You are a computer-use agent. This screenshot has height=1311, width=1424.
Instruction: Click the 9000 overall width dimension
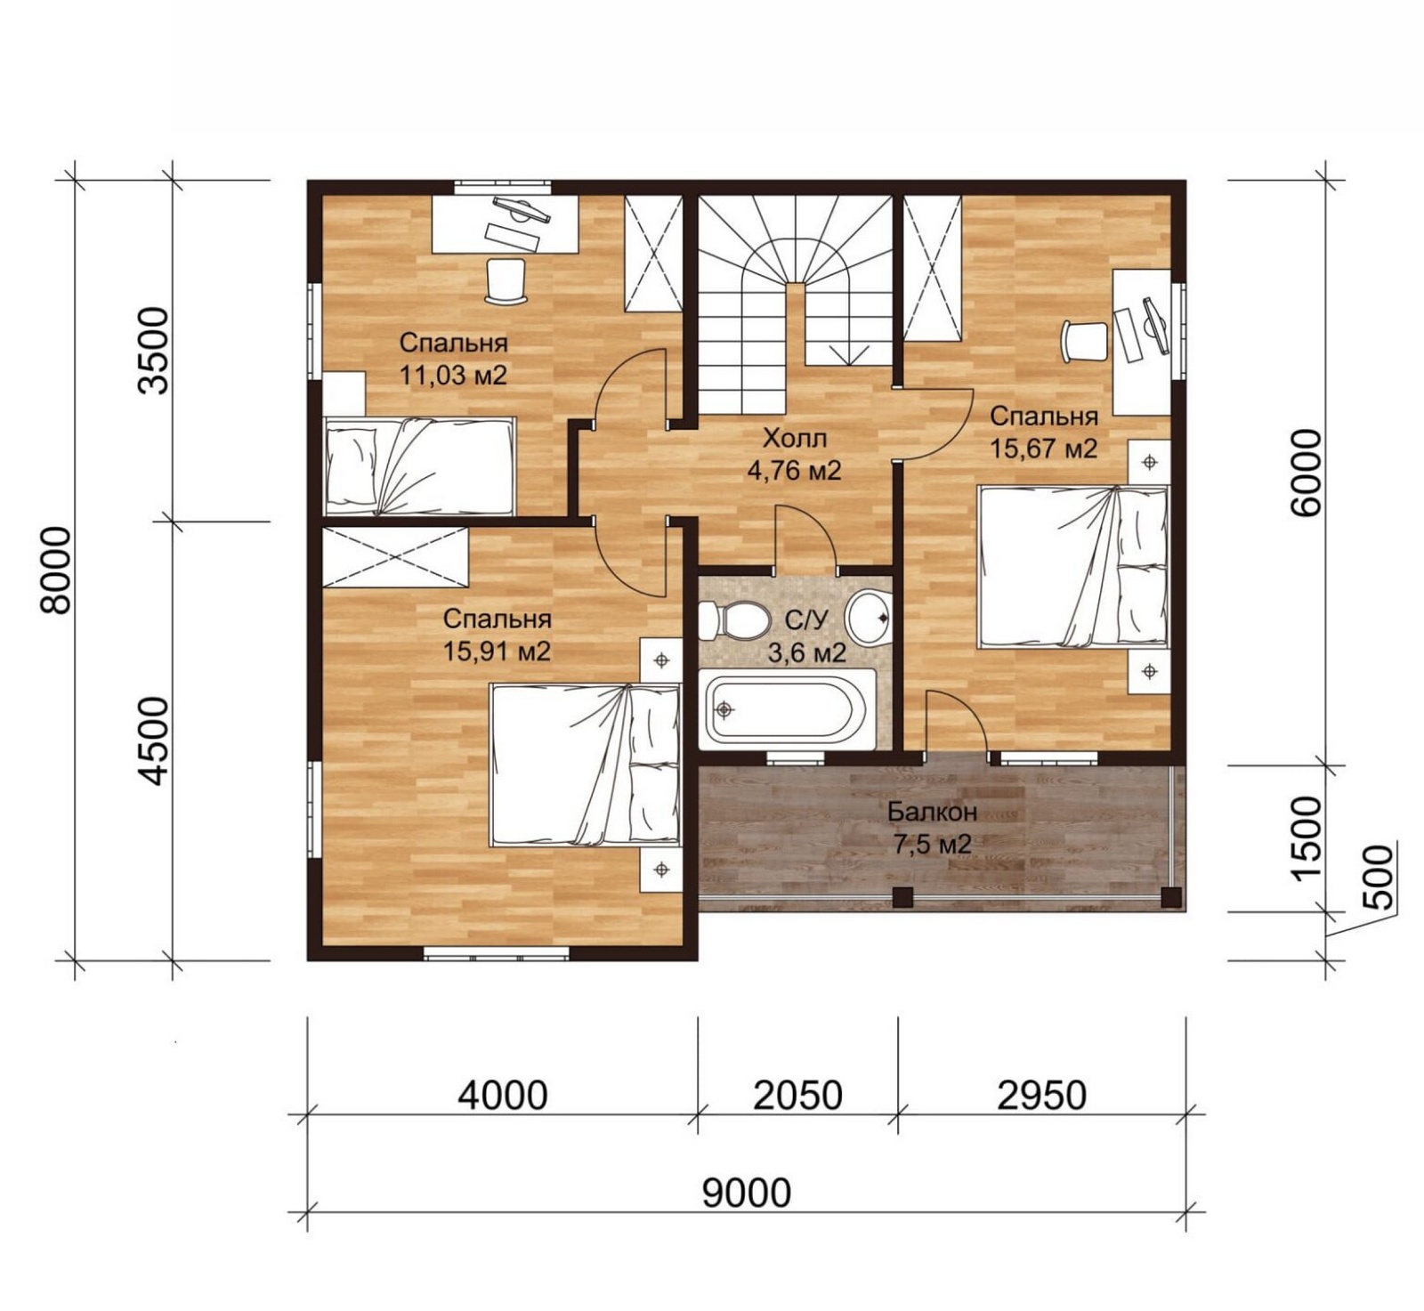point(746,1192)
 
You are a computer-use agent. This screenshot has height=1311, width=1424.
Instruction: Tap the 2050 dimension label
point(797,1096)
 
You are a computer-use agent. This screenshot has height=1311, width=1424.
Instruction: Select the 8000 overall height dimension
point(56,571)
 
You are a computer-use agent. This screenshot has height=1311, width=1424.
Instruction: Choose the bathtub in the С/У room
point(783,709)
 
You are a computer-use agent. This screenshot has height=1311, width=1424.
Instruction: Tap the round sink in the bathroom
point(869,618)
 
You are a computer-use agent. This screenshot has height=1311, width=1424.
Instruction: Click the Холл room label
point(795,438)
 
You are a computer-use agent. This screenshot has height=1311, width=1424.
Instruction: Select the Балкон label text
point(932,812)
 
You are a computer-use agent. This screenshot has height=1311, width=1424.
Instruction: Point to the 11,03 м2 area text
point(453,375)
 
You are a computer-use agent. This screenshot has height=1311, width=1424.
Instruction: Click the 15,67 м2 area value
point(1043,448)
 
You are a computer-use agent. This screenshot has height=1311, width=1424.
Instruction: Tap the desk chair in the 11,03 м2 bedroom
point(506,280)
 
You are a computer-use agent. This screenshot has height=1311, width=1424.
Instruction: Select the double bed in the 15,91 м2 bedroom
point(585,765)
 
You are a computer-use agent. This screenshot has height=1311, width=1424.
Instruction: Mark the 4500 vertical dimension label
point(153,740)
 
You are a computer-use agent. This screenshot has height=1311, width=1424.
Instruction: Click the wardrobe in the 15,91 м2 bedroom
point(395,556)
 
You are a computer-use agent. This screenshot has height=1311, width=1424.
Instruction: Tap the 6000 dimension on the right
point(1307,473)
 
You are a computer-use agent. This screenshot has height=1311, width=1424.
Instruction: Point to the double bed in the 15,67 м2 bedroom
point(1073,566)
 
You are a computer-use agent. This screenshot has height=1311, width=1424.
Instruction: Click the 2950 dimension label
point(1041,1096)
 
